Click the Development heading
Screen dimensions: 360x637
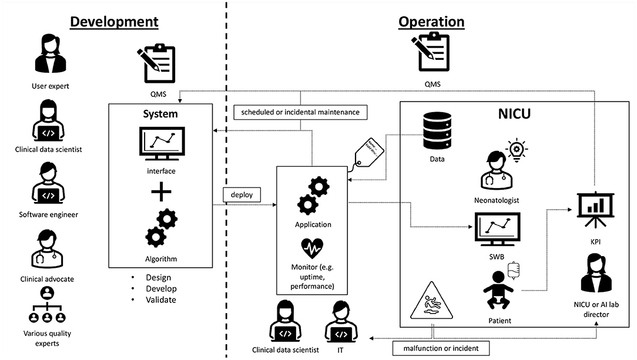pyautogui.click(x=114, y=22)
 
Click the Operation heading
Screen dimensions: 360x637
pyautogui.click(x=431, y=22)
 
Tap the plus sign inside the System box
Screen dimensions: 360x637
pyautogui.click(x=161, y=193)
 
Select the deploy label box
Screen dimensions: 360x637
pyautogui.click(x=242, y=193)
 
